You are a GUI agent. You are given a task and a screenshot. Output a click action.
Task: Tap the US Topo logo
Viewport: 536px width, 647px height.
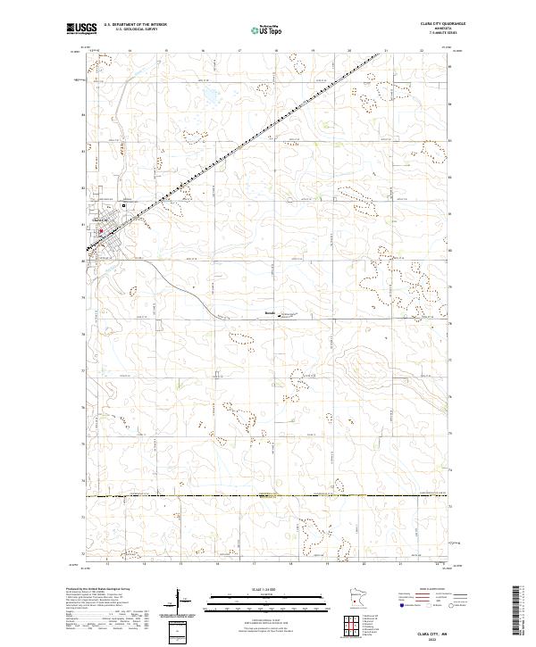tap(268, 30)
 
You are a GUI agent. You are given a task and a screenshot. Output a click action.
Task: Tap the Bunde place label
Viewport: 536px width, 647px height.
tap(270, 314)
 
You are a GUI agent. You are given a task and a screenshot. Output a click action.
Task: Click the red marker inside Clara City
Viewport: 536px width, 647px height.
tap(100, 233)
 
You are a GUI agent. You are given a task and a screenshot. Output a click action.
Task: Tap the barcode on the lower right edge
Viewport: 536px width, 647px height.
tap(519, 613)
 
